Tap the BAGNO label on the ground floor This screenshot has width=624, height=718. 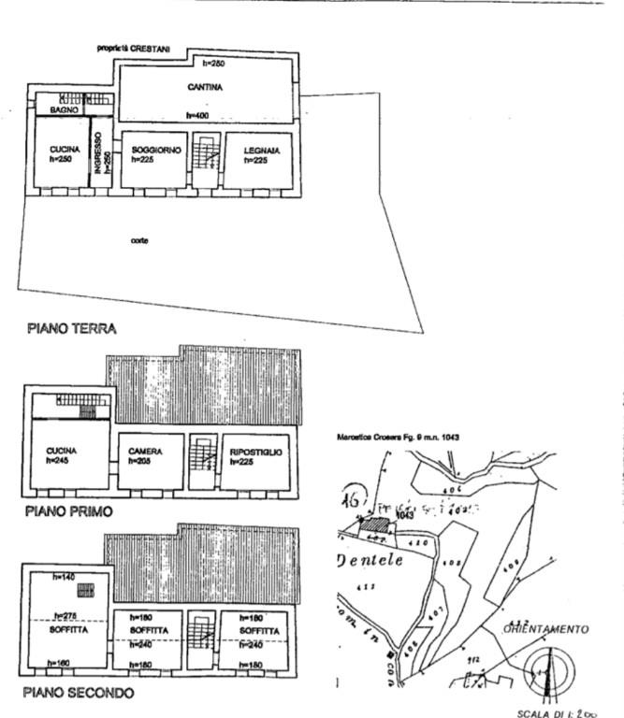click(64, 110)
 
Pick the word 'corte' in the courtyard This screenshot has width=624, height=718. click(141, 240)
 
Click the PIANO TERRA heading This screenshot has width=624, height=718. click(71, 328)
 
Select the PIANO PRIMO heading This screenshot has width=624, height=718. click(69, 511)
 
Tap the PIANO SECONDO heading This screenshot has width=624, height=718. click(80, 693)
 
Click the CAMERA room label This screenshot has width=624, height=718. click(146, 452)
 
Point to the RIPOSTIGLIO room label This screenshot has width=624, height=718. click(255, 452)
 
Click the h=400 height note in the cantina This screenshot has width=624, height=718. click(196, 116)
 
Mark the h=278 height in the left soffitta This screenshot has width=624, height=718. click(65, 615)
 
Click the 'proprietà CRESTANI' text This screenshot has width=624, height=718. click(140, 48)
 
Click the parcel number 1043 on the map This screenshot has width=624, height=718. click(404, 515)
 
